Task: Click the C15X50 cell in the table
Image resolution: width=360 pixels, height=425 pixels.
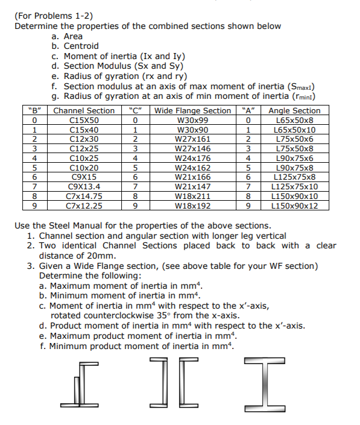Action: click(x=84, y=121)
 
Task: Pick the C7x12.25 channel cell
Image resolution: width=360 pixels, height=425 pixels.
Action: click(x=84, y=206)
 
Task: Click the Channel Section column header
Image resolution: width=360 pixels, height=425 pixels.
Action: click(x=84, y=111)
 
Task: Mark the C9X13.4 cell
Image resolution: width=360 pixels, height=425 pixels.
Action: click(x=84, y=187)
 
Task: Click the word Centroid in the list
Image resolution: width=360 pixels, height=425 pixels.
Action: click(x=81, y=46)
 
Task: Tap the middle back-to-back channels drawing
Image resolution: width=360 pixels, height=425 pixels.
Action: click(x=175, y=383)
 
